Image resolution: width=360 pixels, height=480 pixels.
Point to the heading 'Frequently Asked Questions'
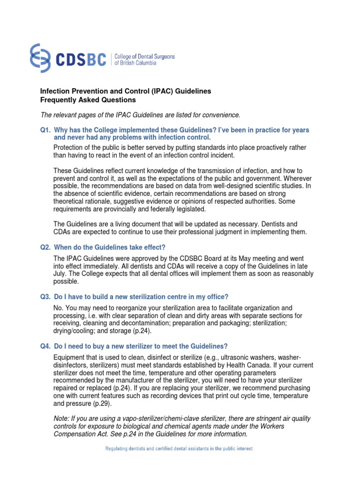click(88, 100)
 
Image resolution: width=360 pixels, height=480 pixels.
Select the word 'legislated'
click(189, 209)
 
